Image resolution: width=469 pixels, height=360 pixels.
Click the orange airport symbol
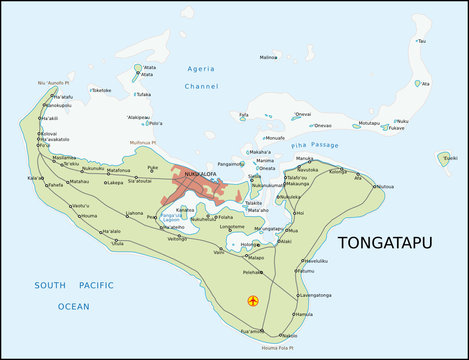[x=251, y=300]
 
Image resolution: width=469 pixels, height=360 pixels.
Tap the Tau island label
[x=421, y=41]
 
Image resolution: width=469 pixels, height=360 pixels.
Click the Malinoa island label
[x=268, y=57]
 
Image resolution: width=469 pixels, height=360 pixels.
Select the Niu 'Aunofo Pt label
[x=57, y=82]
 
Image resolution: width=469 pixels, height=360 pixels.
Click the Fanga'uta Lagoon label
[x=172, y=217]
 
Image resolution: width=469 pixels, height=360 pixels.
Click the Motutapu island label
[x=369, y=123]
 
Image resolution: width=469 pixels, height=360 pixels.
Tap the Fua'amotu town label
[x=251, y=330]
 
